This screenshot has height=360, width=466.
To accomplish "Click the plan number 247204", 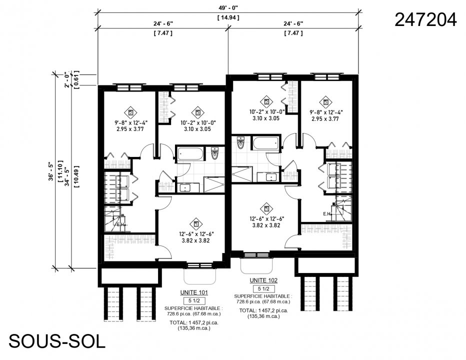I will tap(425, 19).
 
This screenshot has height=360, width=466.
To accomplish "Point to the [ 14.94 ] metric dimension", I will tap(228, 18).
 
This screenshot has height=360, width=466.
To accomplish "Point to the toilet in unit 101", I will tap(215, 153).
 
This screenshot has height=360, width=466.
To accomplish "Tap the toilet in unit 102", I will tap(240, 143).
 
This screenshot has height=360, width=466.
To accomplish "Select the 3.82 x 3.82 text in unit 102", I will tap(266, 225).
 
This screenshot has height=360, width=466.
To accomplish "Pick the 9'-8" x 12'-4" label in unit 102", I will tap(326, 113).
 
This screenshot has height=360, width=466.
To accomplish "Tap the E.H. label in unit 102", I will tap(327, 214).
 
